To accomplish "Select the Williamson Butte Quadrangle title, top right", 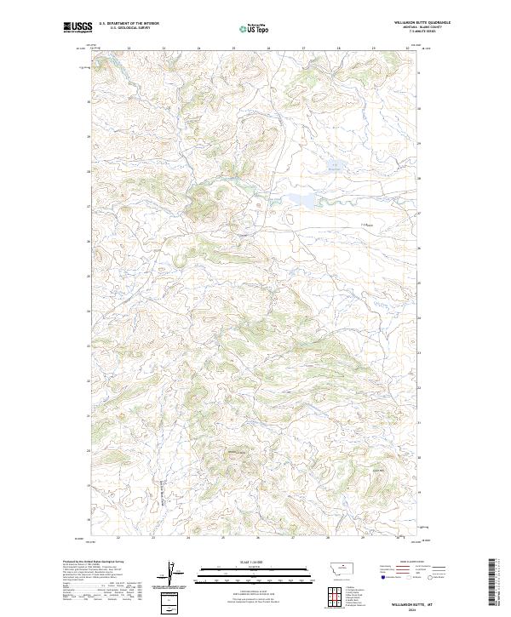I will click(422, 21).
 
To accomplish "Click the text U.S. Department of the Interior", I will click(129, 21).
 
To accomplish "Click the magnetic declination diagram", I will click(170, 575).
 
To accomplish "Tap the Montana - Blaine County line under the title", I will click(423, 26).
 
